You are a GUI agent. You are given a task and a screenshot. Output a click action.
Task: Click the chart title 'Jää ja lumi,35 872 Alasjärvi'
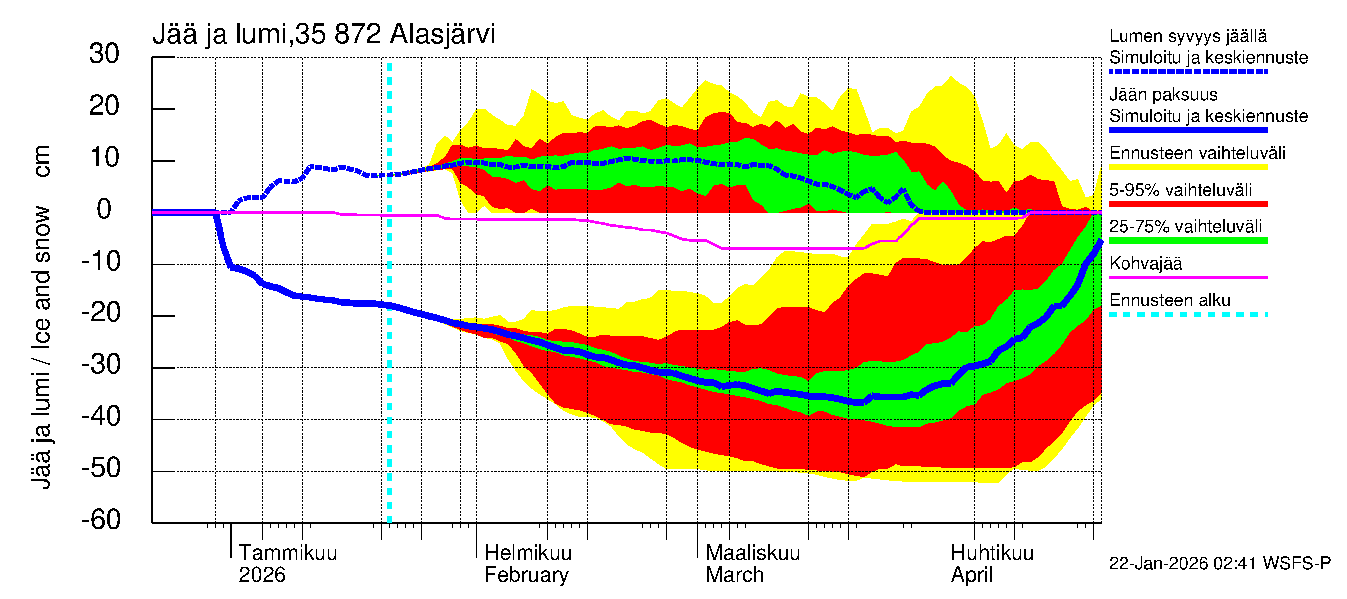pos(323,34)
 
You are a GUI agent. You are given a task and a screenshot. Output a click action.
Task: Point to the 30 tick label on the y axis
pos(104,54)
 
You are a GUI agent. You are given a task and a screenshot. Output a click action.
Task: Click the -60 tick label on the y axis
pos(101,520)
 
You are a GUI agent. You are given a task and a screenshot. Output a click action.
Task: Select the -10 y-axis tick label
pos(101,261)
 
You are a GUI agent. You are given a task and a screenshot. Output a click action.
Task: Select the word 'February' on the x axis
pos(526,575)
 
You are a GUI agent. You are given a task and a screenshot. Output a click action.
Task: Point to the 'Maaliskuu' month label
pos(752,553)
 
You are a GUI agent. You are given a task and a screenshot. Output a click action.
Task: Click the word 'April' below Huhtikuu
pos(971,575)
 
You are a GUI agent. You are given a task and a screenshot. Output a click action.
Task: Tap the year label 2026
pos(262,575)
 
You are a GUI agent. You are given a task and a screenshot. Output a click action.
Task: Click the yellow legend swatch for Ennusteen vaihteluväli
pos(1187,167)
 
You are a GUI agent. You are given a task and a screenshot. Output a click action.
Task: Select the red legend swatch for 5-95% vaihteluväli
pos(1187,204)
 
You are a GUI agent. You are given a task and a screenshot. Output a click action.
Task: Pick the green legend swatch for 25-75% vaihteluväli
pos(1187,241)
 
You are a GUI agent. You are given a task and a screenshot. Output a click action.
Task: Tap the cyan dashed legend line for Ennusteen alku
pos(1187,314)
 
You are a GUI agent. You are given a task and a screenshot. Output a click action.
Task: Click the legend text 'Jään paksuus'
pos(1163,95)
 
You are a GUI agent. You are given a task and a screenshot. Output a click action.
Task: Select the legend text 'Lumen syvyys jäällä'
pos(1187,36)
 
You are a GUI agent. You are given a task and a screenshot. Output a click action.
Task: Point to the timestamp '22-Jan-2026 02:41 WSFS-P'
pos(1219,564)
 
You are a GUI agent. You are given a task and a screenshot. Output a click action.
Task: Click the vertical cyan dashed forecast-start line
pos(390,366)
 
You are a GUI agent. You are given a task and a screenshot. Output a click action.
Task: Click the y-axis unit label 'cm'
pos(41,161)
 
